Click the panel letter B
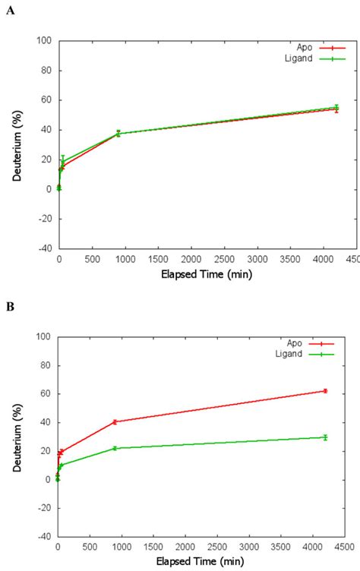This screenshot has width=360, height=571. [x=9, y=308]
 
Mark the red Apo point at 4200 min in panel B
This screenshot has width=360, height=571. [x=325, y=391]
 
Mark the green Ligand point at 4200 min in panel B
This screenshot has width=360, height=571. [x=325, y=437]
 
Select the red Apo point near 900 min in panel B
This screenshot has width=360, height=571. [x=114, y=421]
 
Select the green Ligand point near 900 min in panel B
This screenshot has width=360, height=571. [x=114, y=448]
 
